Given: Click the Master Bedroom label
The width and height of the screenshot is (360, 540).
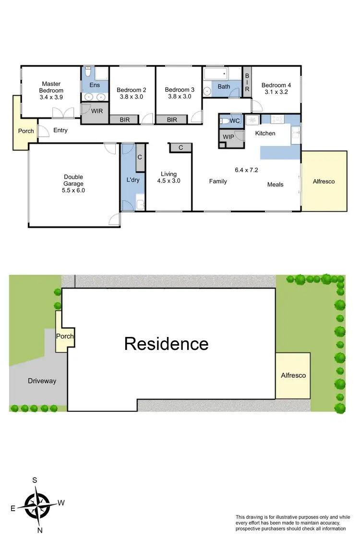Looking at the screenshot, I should (51, 87).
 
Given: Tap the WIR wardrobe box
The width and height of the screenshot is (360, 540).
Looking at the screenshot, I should (97, 111).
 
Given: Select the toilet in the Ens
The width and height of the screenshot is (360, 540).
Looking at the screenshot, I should (88, 73).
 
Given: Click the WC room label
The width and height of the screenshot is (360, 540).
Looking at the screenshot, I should (234, 121).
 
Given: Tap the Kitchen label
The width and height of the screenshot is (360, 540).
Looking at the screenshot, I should (265, 133).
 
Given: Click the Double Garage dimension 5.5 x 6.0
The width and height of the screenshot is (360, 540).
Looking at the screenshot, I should (73, 190).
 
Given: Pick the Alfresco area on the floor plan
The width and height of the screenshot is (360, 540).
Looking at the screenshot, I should (324, 181).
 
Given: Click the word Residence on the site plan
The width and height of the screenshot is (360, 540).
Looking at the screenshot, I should (167, 344).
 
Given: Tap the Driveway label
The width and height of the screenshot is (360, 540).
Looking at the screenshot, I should (42, 381).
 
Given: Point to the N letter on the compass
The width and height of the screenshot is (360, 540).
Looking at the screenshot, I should (40, 530).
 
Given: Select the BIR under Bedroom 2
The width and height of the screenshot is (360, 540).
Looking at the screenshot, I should (124, 120).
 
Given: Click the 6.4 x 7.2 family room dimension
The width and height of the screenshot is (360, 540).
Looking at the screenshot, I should (247, 169).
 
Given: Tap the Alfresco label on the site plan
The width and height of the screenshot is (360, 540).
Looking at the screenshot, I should (293, 375).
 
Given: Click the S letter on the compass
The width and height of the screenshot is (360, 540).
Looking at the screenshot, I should (35, 480).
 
